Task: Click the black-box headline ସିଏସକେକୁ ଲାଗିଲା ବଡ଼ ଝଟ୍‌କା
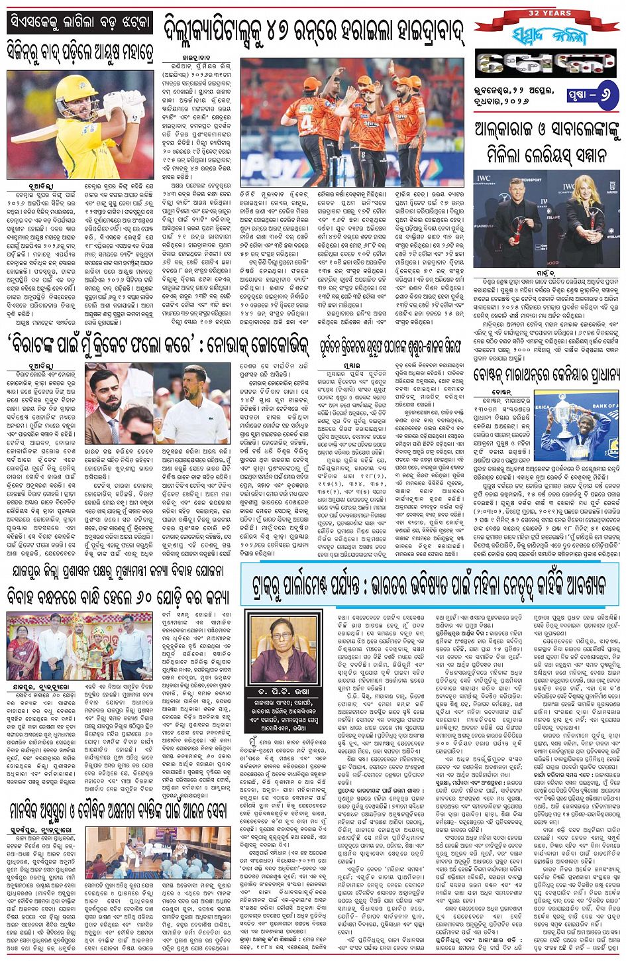(79, 24)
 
